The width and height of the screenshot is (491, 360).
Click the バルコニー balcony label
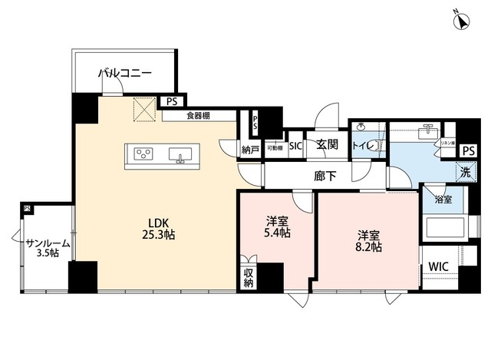pos(125,74)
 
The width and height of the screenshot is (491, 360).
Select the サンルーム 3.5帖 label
pos(48,249)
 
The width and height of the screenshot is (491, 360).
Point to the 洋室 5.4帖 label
pos(276,227)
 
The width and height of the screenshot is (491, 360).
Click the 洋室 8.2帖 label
pos(369,240)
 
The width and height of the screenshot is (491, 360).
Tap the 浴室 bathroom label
pos(443,200)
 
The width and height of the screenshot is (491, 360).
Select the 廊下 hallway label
pos(325,176)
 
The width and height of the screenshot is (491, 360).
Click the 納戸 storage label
pos(248,149)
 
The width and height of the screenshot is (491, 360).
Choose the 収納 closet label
pos(249,277)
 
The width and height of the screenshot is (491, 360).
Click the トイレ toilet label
pos(363,145)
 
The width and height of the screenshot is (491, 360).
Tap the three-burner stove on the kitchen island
pos(143,153)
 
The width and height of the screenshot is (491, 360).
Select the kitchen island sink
pos(181,154)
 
